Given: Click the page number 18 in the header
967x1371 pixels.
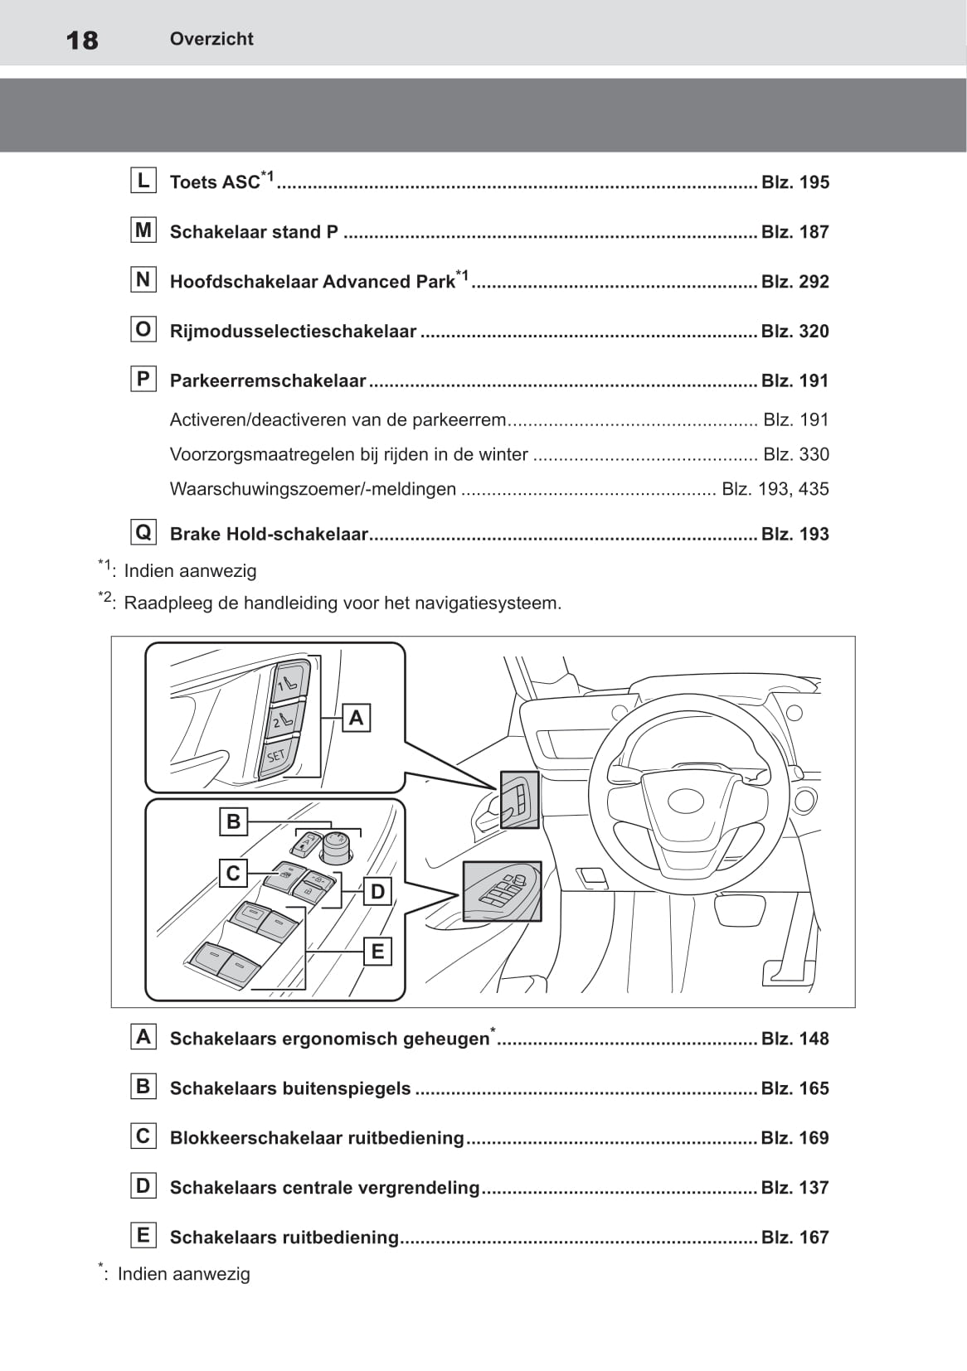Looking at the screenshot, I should pyautogui.click(x=81, y=40).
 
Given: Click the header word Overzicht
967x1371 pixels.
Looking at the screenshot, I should pyautogui.click(x=211, y=39).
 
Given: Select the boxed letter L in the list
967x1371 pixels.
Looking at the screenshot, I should pyautogui.click(x=143, y=181).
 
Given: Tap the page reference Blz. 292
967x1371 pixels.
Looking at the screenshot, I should pyautogui.click(x=794, y=282).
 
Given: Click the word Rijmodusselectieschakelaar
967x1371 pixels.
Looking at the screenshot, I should pyautogui.click(x=293, y=332).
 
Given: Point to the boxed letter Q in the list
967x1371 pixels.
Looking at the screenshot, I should pyautogui.click(x=143, y=532).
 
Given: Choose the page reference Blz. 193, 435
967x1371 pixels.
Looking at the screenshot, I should pyautogui.click(x=775, y=489).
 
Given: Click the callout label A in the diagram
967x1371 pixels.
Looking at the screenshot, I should pyautogui.click(x=356, y=717).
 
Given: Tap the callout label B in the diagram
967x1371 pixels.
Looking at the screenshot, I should pyautogui.click(x=233, y=821).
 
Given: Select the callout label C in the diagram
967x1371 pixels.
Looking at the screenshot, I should pyautogui.click(x=233, y=873).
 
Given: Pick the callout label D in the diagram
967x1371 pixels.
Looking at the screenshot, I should pyautogui.click(x=377, y=891).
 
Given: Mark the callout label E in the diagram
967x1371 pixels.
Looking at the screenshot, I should pyautogui.click(x=377, y=951).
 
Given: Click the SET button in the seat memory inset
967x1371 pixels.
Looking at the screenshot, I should pyautogui.click(x=276, y=755).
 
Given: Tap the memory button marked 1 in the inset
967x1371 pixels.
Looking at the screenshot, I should pyautogui.click(x=289, y=682).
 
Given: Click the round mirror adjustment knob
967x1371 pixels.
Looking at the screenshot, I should pyautogui.click(x=337, y=845).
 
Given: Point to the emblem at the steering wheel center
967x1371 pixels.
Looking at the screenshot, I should pyautogui.click(x=686, y=802).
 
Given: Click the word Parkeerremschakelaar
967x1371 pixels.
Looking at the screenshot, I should pyautogui.click(x=268, y=381).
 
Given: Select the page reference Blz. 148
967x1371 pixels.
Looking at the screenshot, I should pyautogui.click(x=794, y=1039).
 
